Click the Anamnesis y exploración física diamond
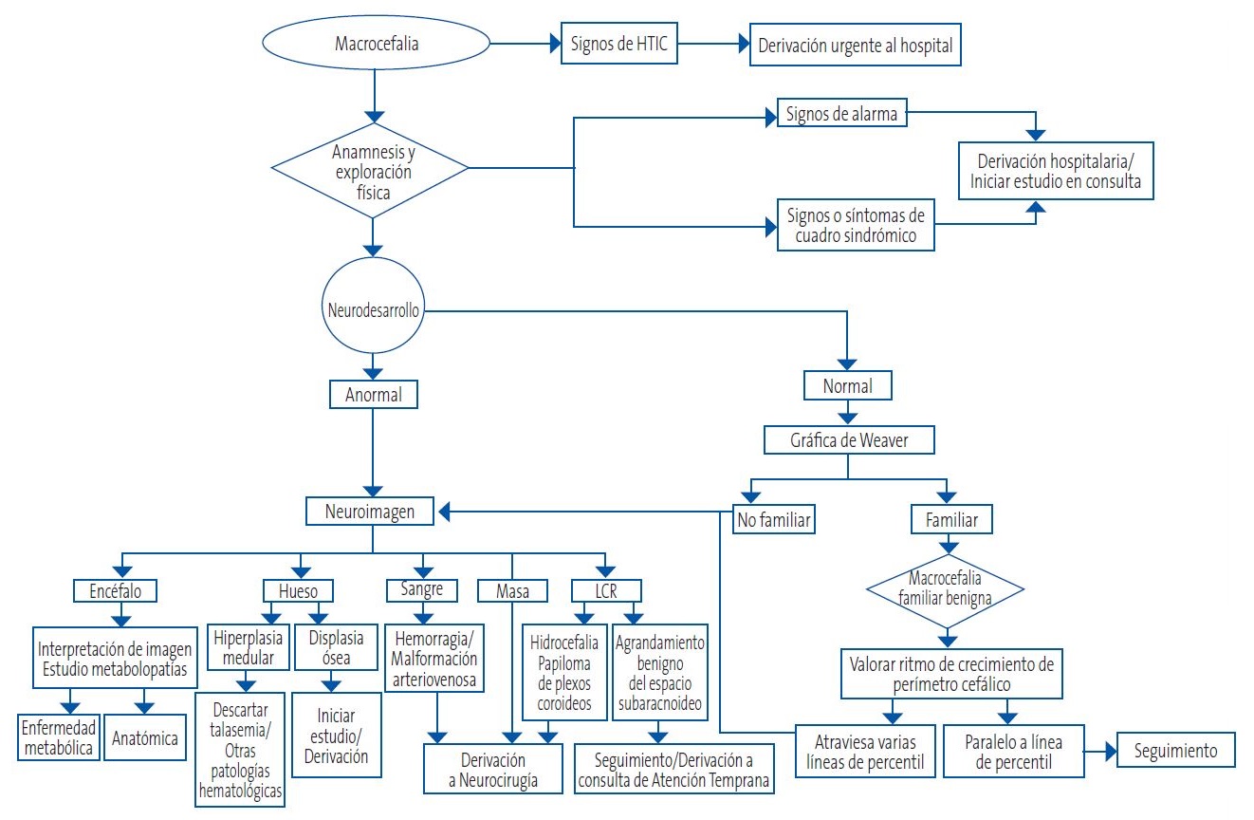point(372,170)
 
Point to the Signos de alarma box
point(840,115)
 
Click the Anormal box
point(373,393)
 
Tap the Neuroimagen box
point(372,512)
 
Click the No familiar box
point(776,519)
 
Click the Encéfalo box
point(115,590)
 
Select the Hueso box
point(297,590)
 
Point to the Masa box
point(513,591)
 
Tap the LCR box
point(606,590)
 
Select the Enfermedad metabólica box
point(59,737)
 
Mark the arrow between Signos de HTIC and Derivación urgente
point(713,45)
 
